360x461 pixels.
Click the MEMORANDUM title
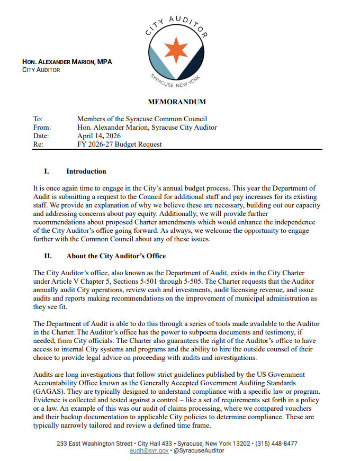tap(177, 102)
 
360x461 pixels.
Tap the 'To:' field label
tap(38, 119)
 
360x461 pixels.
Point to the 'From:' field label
tap(42, 128)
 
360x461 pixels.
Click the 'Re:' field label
tap(38, 144)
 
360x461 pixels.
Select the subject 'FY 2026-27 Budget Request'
tap(119, 144)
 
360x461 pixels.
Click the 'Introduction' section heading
tap(86, 171)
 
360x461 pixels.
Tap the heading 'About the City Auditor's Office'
tap(115, 256)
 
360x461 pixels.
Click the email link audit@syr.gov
tap(149, 450)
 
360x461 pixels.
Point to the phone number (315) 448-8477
tap(276, 443)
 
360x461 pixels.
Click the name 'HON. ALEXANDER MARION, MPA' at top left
tap(67, 62)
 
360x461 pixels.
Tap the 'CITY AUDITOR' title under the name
tap(41, 70)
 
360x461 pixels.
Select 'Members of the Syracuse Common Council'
tap(142, 119)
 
